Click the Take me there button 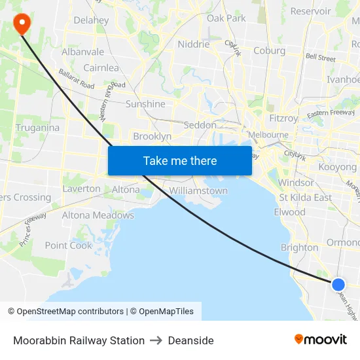point(179,160)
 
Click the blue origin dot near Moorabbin point(338,284)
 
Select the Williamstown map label point(198,191)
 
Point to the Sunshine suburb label point(145,104)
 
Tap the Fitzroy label point(283,118)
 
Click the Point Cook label point(69,245)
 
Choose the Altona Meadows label point(98,215)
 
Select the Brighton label point(299,247)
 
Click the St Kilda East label point(305,198)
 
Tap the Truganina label point(37,128)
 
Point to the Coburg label point(269,50)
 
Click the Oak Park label point(226,18)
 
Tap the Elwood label point(289,212)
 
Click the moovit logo point(320,339)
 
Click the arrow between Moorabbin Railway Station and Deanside point(156,340)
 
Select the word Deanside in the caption point(190,340)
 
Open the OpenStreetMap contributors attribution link point(70,312)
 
